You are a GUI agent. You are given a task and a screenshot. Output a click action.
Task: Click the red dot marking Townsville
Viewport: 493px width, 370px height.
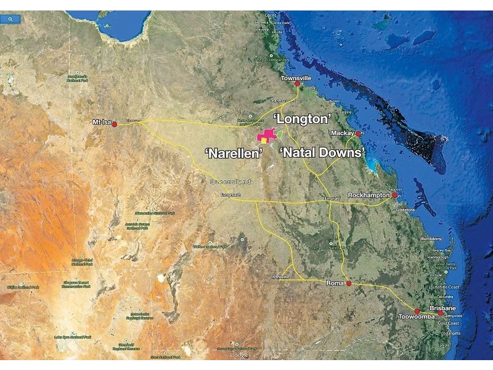(x=297, y=84)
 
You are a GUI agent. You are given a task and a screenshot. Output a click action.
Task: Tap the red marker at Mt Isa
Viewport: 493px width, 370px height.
(x=115, y=124)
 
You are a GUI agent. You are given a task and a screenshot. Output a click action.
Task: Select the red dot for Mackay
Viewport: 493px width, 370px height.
(x=358, y=133)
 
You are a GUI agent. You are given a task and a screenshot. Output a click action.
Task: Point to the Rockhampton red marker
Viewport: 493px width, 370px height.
(x=394, y=195)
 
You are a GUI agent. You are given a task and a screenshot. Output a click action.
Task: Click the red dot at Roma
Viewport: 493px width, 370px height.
(x=349, y=283)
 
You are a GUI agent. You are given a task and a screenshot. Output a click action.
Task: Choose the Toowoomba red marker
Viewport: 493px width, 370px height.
(x=417, y=311)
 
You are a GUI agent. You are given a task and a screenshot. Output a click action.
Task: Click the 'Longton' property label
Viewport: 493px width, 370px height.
(x=303, y=117)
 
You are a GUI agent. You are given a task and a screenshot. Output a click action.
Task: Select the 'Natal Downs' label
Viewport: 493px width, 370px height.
(x=322, y=151)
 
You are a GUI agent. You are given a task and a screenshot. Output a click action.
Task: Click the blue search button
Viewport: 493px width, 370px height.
(x=11, y=19)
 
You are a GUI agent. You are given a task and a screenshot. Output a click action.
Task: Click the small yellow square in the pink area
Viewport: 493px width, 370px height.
(x=264, y=139)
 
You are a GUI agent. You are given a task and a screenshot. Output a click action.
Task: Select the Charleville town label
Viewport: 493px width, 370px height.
(x=279, y=277)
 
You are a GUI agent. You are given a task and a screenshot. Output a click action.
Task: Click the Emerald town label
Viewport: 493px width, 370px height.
(x=333, y=199)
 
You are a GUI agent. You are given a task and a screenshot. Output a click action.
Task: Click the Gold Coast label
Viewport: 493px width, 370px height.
(x=449, y=323)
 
